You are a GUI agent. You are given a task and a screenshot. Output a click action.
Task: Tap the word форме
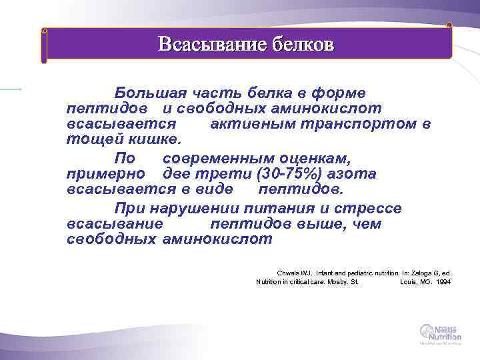pos(340,92)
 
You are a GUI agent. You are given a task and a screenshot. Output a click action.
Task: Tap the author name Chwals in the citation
pos(288,273)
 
